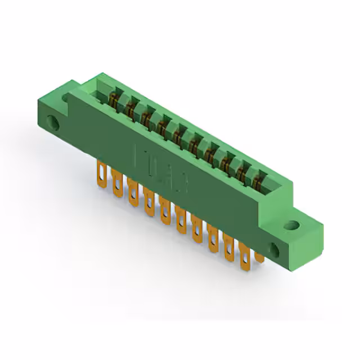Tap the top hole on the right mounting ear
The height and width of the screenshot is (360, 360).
tap(291, 226)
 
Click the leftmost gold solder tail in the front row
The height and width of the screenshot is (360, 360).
tap(102, 172)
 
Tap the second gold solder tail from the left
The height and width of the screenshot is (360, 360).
tap(117, 182)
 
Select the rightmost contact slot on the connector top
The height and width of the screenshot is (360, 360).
tap(259, 179)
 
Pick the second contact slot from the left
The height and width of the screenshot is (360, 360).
tap(133, 109)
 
